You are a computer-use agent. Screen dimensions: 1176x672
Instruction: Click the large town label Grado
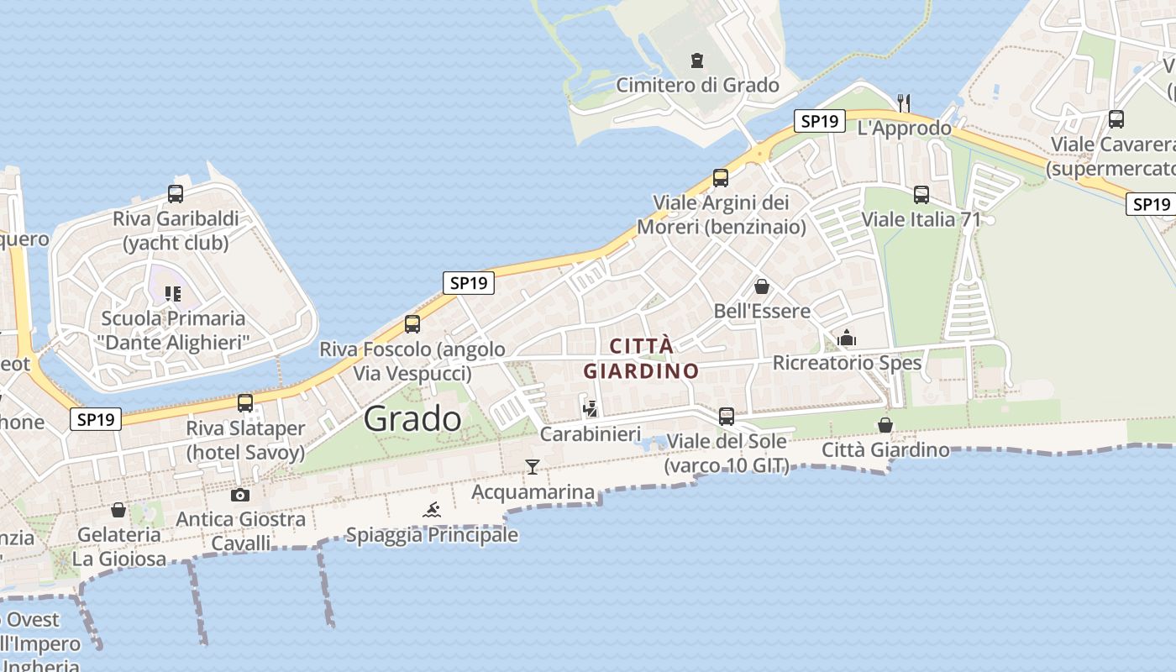(x=412, y=418)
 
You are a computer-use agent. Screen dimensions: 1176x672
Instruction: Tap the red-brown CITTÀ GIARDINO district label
(x=641, y=359)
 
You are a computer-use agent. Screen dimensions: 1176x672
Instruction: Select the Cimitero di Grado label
(x=697, y=85)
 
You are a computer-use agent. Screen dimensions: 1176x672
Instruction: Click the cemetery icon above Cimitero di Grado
(x=696, y=60)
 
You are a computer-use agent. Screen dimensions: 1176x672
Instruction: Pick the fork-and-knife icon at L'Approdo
(x=904, y=103)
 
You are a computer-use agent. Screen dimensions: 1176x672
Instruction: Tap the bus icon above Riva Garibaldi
(x=176, y=194)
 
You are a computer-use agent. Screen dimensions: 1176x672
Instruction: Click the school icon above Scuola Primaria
(x=173, y=294)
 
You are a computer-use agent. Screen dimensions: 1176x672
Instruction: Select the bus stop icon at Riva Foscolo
(x=412, y=324)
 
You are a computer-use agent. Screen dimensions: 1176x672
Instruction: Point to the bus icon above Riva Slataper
(x=245, y=403)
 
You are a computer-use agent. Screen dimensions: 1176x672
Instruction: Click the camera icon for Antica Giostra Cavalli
(x=240, y=495)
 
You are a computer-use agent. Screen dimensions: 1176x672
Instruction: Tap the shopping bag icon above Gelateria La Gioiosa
(x=118, y=510)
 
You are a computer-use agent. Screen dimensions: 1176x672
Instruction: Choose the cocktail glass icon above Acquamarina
(x=533, y=467)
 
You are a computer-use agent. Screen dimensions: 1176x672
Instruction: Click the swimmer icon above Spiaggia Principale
(x=432, y=510)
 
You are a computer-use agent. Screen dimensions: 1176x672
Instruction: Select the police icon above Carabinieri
(x=591, y=409)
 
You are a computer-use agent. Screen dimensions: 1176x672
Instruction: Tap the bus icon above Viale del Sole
(x=727, y=417)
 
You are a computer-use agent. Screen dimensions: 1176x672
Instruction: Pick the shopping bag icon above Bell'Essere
(x=762, y=286)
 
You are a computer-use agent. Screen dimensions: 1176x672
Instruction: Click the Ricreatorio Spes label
(x=847, y=363)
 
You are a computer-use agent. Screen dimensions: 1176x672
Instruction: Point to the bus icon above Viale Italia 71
(x=921, y=195)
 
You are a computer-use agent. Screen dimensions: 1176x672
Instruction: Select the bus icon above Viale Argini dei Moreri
(x=721, y=178)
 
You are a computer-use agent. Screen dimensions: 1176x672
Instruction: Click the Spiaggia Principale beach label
(x=432, y=535)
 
